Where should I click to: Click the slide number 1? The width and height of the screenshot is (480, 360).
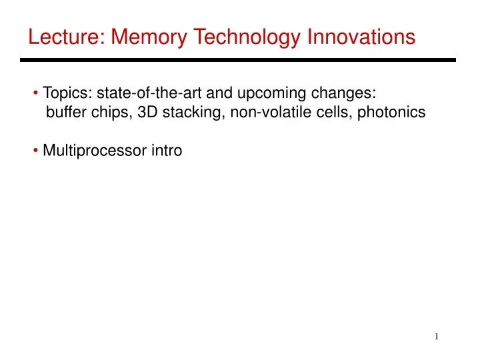[437, 337]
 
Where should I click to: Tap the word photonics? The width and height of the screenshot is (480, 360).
[391, 113]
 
